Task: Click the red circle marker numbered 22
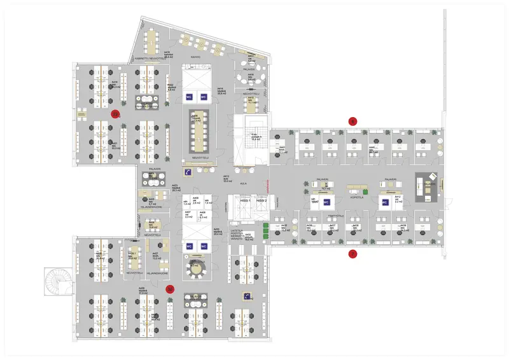(x=115, y=114)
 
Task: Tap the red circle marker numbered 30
(x=170, y=288)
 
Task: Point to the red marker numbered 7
(x=352, y=255)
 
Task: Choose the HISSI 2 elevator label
(x=261, y=201)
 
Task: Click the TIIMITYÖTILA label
(x=336, y=216)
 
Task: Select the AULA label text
(x=243, y=181)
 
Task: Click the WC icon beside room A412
(x=384, y=203)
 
